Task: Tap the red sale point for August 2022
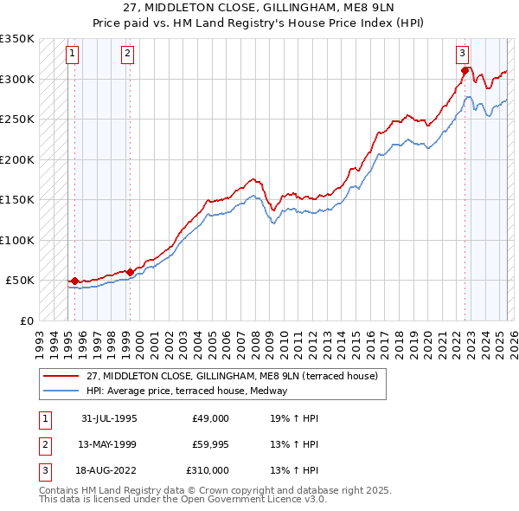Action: tap(465, 71)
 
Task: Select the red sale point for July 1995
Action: tap(75, 281)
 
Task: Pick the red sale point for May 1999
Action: tap(130, 272)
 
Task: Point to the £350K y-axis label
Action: tap(17, 39)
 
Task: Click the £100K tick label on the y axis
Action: tap(17, 240)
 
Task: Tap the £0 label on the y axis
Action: tap(25, 320)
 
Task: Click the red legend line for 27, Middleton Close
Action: tap(61, 376)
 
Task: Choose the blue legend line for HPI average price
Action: tap(61, 391)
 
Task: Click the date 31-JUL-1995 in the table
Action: tap(110, 418)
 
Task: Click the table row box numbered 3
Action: tap(43, 470)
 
